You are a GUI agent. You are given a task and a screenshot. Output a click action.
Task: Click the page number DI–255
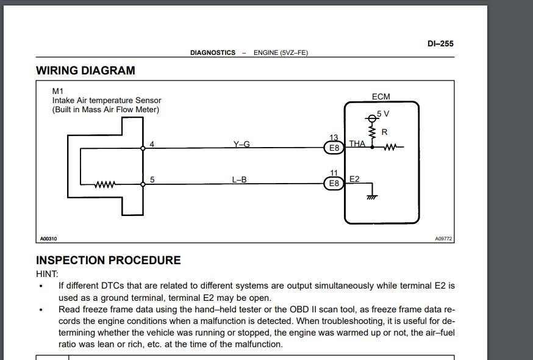(440, 43)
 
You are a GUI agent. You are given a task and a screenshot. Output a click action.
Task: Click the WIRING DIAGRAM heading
(85, 70)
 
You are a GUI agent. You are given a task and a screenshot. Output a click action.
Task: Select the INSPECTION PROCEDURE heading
(109, 260)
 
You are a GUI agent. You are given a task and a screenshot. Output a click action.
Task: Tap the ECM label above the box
(381, 96)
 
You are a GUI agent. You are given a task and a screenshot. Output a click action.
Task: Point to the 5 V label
(383, 113)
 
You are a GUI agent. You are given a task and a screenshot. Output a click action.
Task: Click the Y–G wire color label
(241, 144)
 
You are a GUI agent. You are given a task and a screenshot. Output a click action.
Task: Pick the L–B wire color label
(239, 179)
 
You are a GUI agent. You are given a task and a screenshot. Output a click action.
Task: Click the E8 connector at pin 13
(334, 148)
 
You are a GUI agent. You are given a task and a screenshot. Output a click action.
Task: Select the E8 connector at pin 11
(334, 184)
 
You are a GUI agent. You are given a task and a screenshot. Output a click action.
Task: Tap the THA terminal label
(357, 143)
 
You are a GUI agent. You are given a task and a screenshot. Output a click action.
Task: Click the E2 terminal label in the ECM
(354, 179)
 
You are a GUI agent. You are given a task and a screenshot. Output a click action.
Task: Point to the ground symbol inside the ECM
(372, 196)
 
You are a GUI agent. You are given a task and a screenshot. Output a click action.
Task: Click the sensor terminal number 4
(152, 144)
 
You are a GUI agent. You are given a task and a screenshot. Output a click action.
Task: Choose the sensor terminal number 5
(152, 179)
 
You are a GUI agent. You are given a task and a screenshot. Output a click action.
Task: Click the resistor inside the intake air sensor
(105, 184)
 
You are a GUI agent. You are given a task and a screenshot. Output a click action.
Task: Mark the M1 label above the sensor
(57, 91)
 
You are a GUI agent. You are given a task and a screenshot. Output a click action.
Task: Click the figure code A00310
(49, 239)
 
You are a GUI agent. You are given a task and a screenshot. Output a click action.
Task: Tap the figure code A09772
(443, 239)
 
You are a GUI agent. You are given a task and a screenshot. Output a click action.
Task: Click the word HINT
(47, 274)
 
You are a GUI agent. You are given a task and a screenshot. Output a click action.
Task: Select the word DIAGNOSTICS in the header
(213, 52)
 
